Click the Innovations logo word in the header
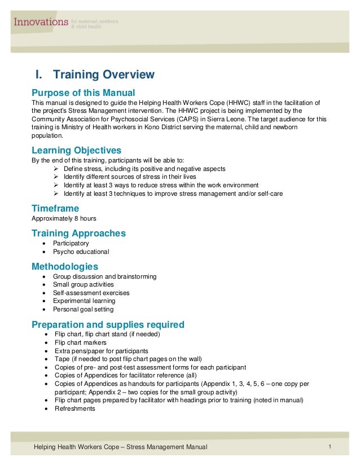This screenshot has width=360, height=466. (x=41, y=22)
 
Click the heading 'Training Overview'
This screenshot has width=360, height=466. (x=94, y=74)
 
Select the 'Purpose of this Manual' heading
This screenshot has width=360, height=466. (x=83, y=92)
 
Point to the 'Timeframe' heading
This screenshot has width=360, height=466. (x=55, y=208)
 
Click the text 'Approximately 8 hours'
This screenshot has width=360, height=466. (x=64, y=218)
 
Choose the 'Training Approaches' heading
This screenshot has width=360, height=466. (x=78, y=233)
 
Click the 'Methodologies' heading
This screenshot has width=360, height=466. (x=65, y=266)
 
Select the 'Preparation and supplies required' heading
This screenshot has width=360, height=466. (x=108, y=324)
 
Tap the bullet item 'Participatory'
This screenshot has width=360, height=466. (x=71, y=243)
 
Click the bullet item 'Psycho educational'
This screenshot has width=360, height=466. (x=81, y=252)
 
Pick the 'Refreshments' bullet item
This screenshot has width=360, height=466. (x=75, y=408)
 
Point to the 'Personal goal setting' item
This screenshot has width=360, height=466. (x=83, y=309)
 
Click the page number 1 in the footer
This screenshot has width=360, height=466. (x=329, y=447)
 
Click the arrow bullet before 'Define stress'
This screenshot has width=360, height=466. (x=55, y=169)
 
